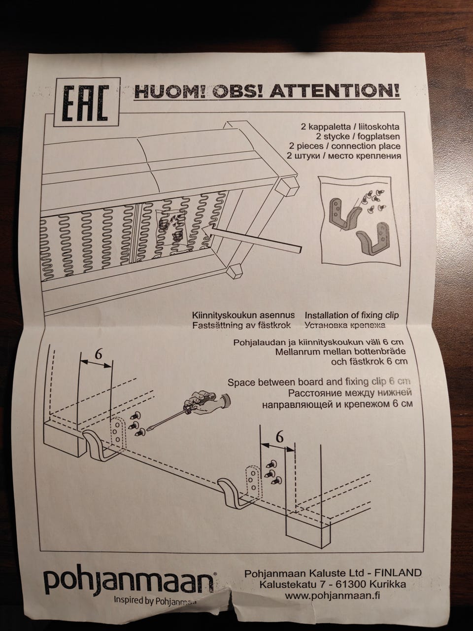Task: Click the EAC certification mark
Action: point(86,103)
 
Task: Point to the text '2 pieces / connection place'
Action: point(345,146)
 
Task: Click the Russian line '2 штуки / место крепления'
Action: point(344,156)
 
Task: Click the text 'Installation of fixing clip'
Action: point(351,315)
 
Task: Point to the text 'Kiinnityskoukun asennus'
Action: point(243,315)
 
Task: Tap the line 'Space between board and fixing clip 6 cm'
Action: point(319,382)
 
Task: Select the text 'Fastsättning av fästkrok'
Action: point(241,325)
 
